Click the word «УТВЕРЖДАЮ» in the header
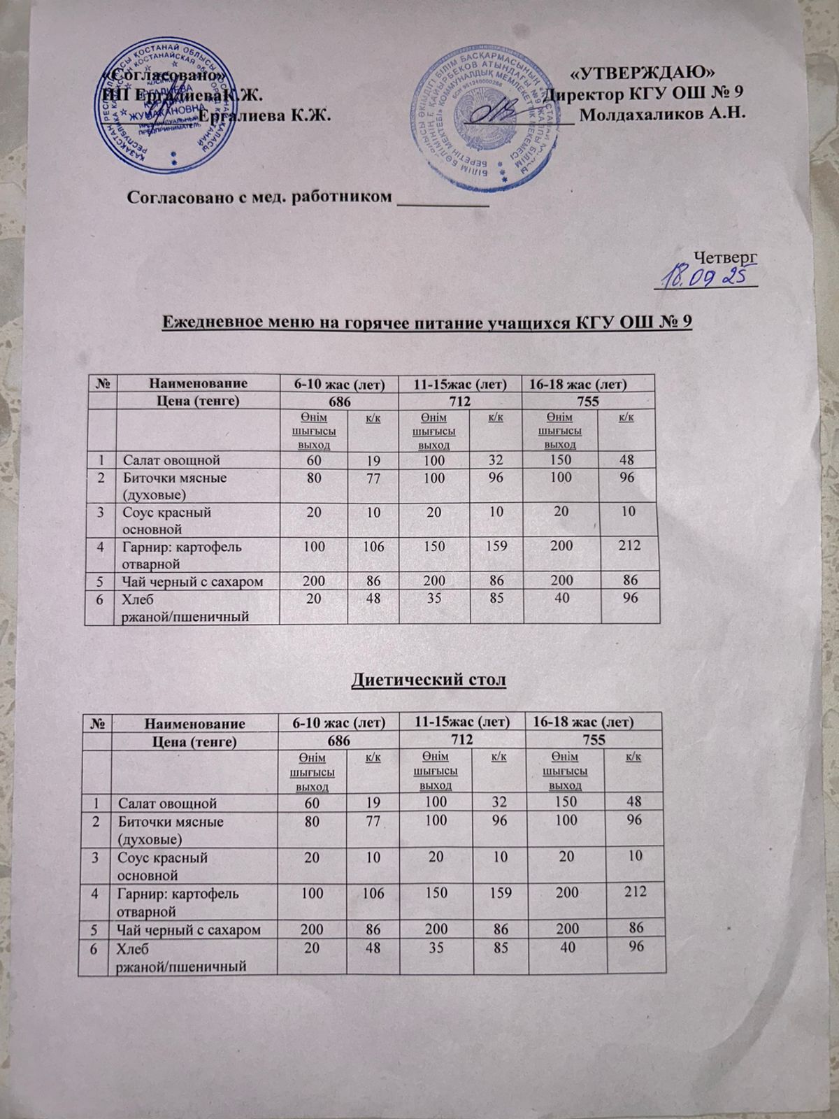643,72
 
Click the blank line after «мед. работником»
442,202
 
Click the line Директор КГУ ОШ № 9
643,93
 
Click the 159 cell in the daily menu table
497,546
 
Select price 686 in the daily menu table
338,401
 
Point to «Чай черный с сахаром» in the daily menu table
193,580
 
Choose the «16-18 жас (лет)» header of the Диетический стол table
592,721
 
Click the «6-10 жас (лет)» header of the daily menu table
338,383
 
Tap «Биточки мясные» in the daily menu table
175,478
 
